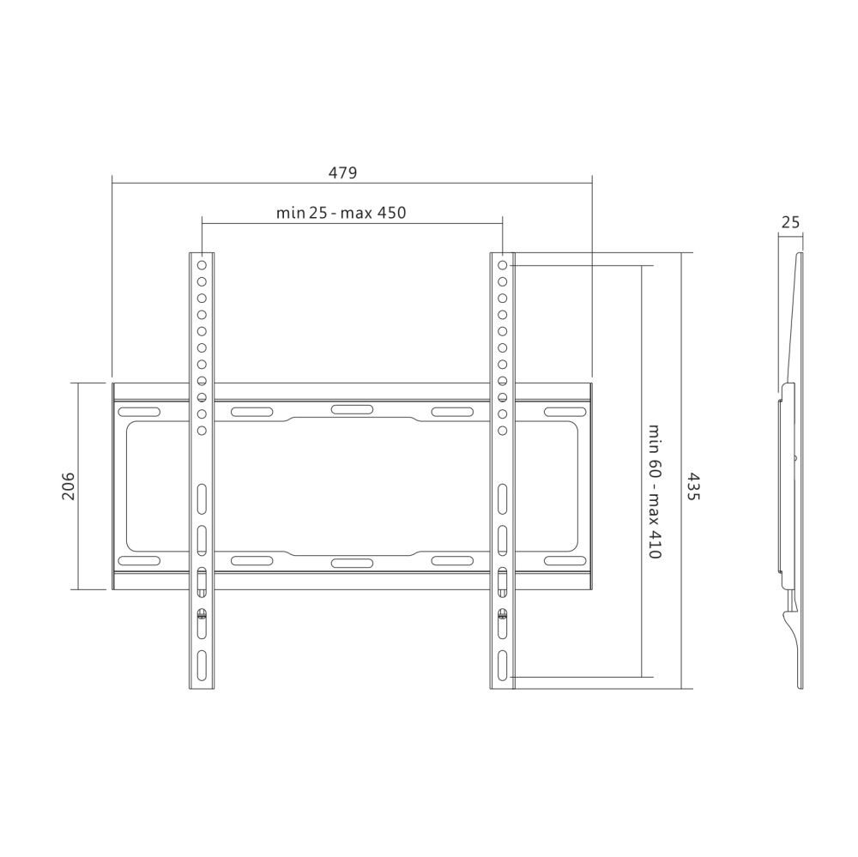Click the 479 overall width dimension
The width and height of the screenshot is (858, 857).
pyautogui.click(x=342, y=172)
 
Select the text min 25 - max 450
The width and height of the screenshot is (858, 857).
pyautogui.click(x=341, y=213)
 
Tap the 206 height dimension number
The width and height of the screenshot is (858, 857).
pyautogui.click(x=69, y=486)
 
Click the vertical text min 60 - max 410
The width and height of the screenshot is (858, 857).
pyautogui.click(x=654, y=492)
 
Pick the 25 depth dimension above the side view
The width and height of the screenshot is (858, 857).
pyautogui.click(x=790, y=222)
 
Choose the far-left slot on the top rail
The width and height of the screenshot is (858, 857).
pyautogui.click(x=139, y=413)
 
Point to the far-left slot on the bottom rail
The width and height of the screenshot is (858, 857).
pyautogui.click(x=139, y=561)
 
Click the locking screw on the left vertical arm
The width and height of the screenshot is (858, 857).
pyautogui.click(x=202, y=613)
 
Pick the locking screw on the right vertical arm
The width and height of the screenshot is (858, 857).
pyautogui.click(x=502, y=613)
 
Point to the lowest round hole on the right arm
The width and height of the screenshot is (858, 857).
pyautogui.click(x=502, y=430)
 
